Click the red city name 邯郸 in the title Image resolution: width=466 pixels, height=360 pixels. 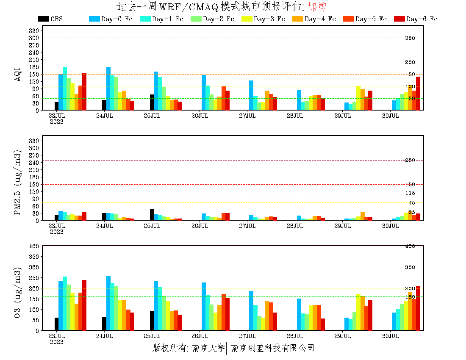[x=317, y=7]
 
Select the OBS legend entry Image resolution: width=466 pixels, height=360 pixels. [x=50, y=19]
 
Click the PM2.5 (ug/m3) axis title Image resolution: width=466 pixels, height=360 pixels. [x=17, y=183]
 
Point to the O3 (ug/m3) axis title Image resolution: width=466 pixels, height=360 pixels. [x=17, y=292]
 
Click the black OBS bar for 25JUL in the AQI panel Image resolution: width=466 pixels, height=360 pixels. [x=152, y=102]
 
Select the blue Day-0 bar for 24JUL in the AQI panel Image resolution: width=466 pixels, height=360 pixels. [x=108, y=89]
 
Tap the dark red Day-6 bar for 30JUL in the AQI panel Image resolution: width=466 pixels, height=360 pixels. [x=418, y=93]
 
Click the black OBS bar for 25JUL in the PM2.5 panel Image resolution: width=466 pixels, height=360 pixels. [x=152, y=215]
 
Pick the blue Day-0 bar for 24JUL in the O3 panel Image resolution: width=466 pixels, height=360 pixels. [x=108, y=303]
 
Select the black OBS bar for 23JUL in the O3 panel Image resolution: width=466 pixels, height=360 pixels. [x=56, y=324]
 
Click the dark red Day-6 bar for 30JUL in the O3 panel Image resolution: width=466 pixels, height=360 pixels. [x=418, y=308]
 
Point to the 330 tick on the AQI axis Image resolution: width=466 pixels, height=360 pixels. [x=34, y=31]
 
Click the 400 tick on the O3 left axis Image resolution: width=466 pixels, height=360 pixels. [x=34, y=246]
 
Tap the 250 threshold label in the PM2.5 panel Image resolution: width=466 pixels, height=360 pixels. [x=410, y=161]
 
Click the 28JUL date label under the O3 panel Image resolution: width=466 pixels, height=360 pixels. [x=295, y=336]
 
